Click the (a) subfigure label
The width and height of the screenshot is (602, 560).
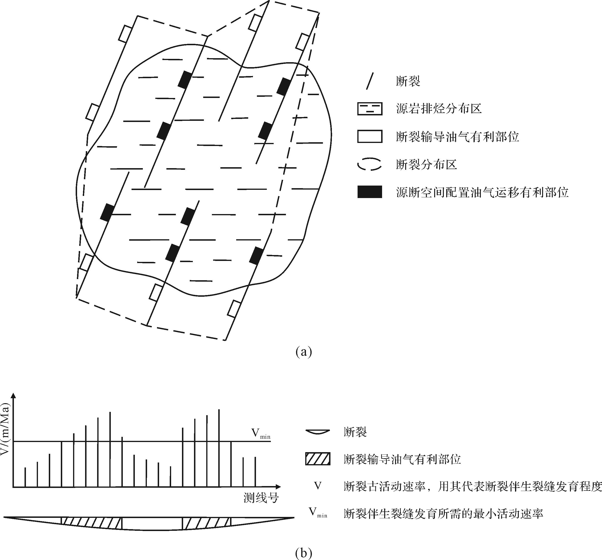303,352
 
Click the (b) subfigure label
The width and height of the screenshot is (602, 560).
303,553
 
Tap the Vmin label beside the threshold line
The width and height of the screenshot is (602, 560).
261,434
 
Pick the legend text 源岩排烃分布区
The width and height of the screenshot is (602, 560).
439,109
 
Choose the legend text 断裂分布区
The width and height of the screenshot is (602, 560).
426,165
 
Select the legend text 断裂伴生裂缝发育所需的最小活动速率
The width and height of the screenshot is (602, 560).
444,514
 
